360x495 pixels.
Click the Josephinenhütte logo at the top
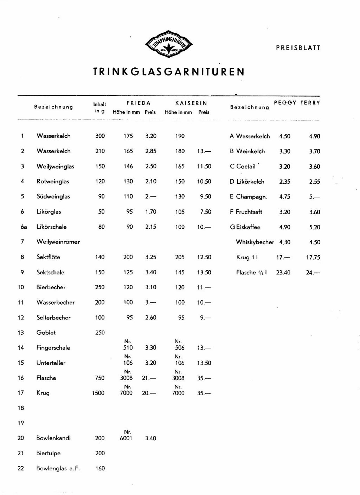coord(169,44)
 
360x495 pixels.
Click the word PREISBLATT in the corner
coord(298,48)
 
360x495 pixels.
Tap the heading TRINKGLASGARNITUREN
coord(169,72)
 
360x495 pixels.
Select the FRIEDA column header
coord(139,103)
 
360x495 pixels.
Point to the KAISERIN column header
coord(191,103)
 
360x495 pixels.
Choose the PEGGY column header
coord(285,103)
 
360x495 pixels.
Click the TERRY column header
coord(310,103)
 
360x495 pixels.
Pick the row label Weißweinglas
coord(55,167)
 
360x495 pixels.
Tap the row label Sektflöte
coord(48,257)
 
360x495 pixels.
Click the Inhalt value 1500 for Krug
coord(98,393)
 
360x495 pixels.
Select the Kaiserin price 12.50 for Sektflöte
coord(204,257)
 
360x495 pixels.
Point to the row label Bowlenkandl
coord(53,438)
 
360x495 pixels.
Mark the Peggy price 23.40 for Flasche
coord(283,273)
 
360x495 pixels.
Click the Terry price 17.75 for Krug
coord(313,258)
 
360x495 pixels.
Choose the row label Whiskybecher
coord(255,242)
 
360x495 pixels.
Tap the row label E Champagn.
coord(248,197)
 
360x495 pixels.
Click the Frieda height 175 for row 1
coord(128,136)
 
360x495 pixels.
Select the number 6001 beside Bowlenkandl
coord(126,438)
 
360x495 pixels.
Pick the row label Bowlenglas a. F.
coord(58,469)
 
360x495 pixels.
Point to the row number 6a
coord(24,227)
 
